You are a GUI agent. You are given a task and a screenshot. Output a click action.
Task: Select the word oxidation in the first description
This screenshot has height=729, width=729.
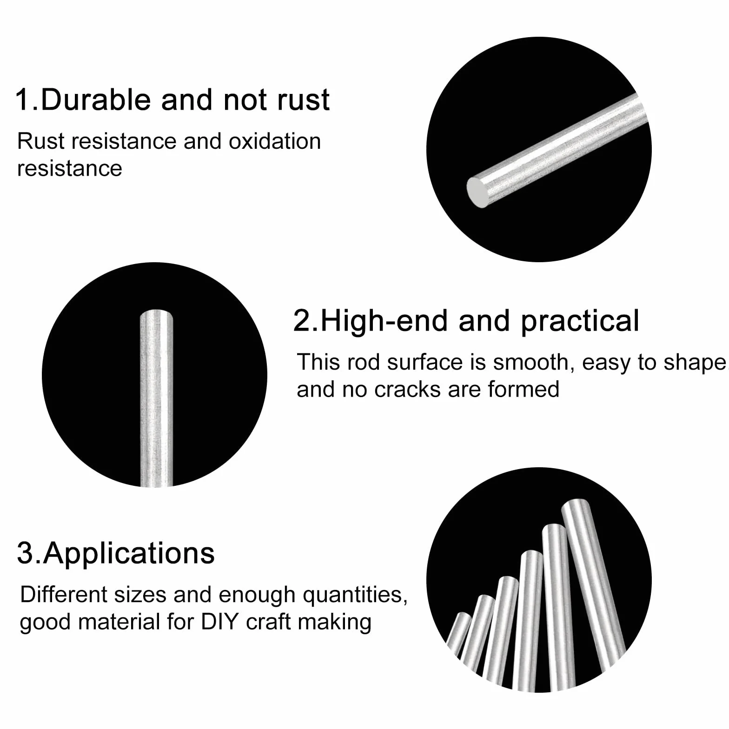point(275,141)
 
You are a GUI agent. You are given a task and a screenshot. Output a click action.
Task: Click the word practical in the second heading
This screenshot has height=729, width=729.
point(580,322)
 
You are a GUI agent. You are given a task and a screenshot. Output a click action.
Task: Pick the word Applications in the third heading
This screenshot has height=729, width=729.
point(129,553)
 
